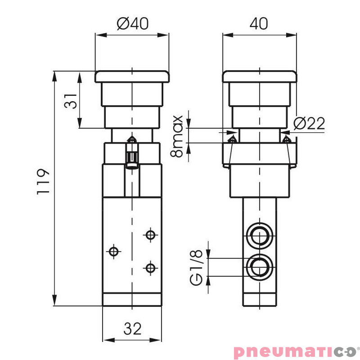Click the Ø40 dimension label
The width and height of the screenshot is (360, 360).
132,23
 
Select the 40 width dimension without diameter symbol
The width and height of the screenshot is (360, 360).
259,23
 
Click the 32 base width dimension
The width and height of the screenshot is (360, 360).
132,329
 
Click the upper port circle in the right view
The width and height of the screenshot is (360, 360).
259,235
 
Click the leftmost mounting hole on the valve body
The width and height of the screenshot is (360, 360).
115,251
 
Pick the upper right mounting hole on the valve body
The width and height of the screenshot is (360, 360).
150,234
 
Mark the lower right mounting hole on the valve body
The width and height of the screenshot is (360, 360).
150,268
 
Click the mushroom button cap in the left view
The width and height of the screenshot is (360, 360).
132,76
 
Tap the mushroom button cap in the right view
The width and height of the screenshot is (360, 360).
260,76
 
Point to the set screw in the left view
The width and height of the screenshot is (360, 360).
132,153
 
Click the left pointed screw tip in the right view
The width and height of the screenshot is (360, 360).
232,141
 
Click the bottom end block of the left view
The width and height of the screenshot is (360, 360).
132,299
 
